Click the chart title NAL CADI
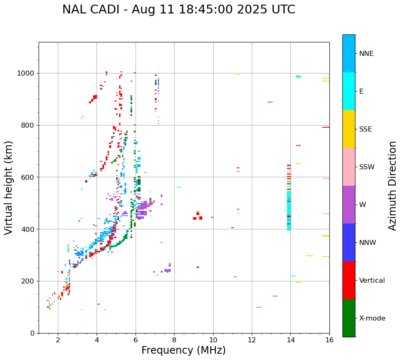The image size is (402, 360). click(178, 10)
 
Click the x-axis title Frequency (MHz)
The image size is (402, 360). click(183, 350)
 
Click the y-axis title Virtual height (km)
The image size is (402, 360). click(9, 187)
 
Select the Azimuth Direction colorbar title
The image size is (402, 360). click(392, 185)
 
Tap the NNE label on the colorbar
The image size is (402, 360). click(366, 54)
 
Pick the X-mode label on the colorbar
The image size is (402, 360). click(372, 318)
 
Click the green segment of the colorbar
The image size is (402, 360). click(349, 318)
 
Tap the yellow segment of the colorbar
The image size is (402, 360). click(349, 129)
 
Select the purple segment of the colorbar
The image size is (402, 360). click(349, 205)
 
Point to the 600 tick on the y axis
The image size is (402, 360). click(29, 177)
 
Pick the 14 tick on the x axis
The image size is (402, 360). click(290, 339)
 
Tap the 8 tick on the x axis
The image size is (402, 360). click(174, 339)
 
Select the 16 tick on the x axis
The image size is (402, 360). click(329, 339)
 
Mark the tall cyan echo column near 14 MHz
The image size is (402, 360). click(289, 210)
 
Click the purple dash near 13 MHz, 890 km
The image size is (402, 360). click(270, 102)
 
